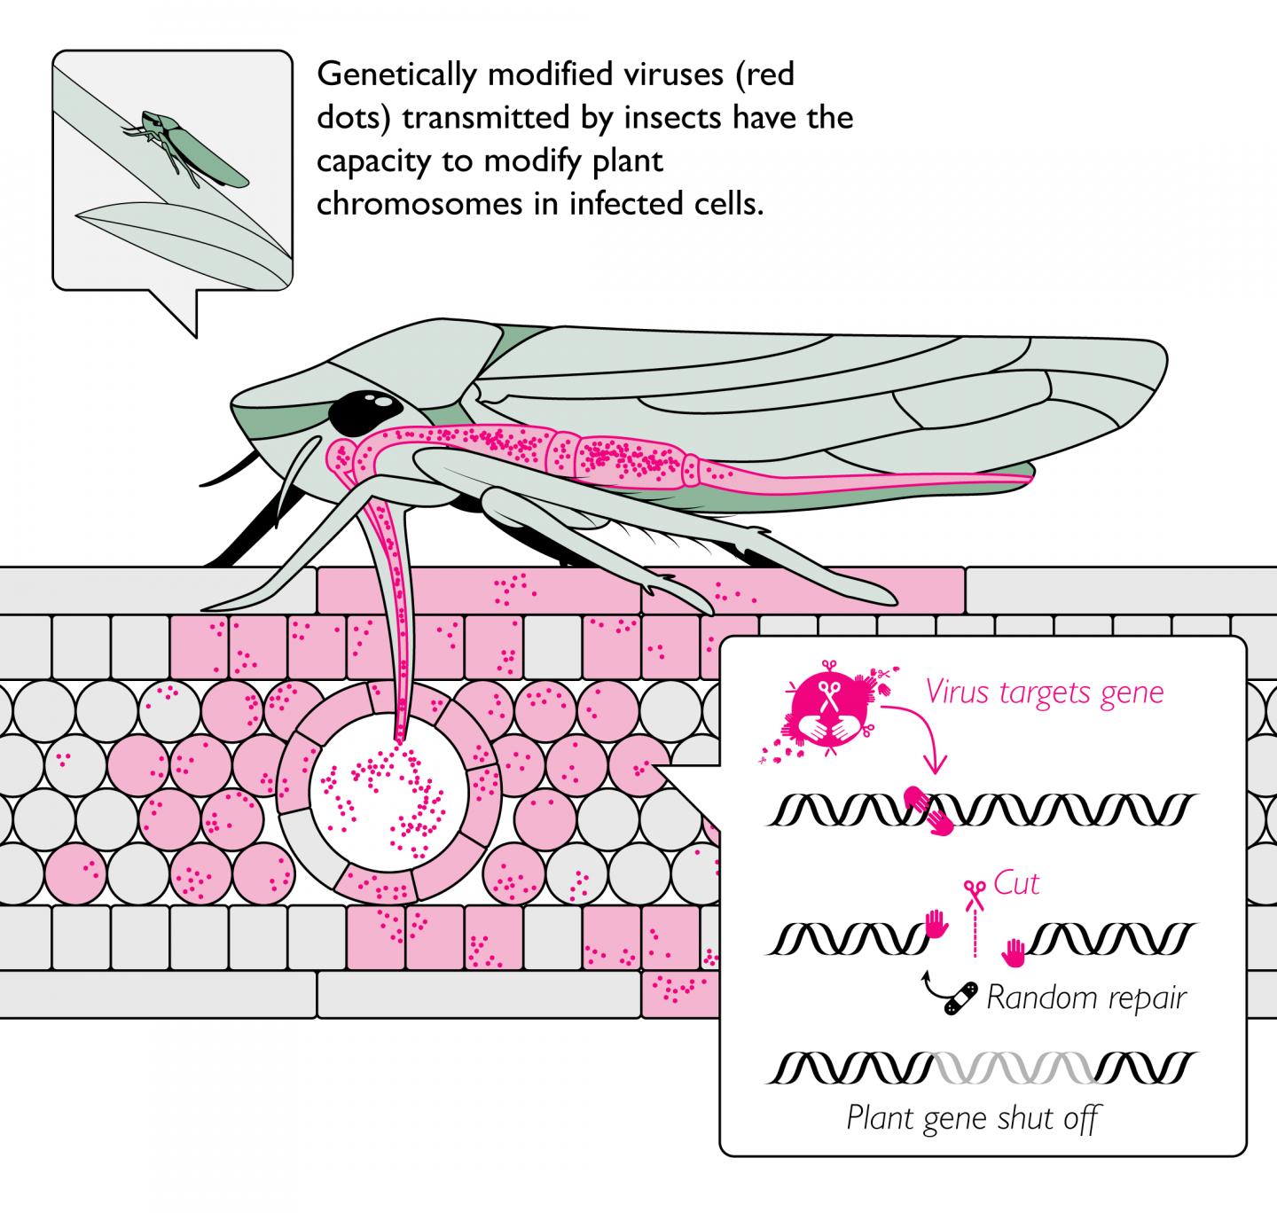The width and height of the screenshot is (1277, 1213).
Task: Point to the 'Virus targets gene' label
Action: (1044, 691)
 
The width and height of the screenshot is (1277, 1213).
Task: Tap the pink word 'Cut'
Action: (1016, 884)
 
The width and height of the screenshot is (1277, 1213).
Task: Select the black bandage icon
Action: (961, 998)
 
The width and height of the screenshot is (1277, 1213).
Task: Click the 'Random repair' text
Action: (1085, 998)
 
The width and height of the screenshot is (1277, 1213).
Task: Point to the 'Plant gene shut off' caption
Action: (973, 1118)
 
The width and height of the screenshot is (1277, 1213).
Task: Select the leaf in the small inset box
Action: (177, 239)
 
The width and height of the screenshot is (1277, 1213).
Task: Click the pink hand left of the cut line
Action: (935, 926)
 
